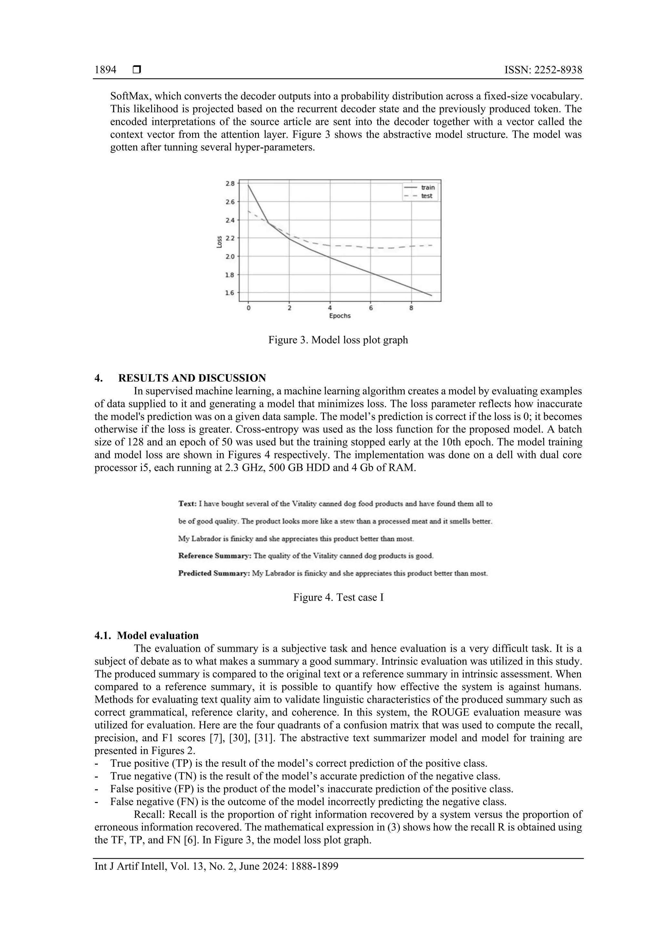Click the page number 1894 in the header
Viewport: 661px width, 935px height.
click(105, 70)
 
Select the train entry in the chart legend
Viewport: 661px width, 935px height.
click(428, 187)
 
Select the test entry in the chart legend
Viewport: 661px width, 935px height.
click(426, 196)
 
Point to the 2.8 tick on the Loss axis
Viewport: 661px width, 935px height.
click(230, 184)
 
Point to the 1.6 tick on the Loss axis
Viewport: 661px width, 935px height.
click(230, 293)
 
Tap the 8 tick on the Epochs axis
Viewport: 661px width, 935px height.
click(411, 308)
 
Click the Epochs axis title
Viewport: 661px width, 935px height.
click(340, 316)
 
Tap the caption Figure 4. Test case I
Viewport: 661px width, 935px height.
click(338, 597)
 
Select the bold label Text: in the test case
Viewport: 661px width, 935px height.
click(187, 504)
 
